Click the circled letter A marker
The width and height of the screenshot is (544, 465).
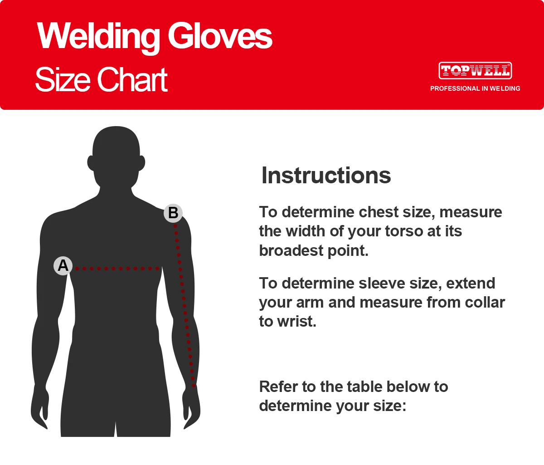coord(63,266)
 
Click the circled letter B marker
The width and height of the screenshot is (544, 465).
coord(173,213)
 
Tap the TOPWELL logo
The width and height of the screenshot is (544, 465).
coord(475,71)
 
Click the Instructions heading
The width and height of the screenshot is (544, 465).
coord(326,176)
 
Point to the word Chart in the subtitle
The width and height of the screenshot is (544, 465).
coord(132,79)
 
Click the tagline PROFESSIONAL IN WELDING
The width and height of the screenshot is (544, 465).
coord(475,88)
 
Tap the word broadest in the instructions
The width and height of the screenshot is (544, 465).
coord(291,250)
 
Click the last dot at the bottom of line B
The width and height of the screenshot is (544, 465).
coord(194,386)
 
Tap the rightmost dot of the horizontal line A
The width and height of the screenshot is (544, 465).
coord(157,269)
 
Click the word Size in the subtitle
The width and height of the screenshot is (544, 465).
coord(63,79)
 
